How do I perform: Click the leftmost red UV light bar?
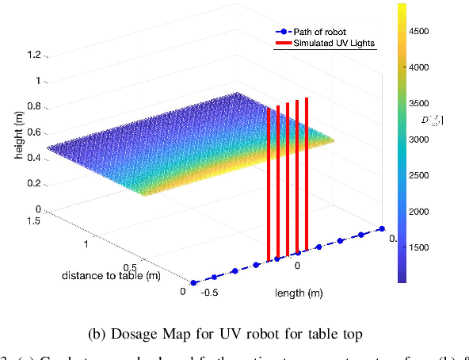click(x=269, y=182)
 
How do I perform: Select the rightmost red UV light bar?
click(x=307, y=170)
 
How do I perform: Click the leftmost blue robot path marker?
click(x=193, y=281)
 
